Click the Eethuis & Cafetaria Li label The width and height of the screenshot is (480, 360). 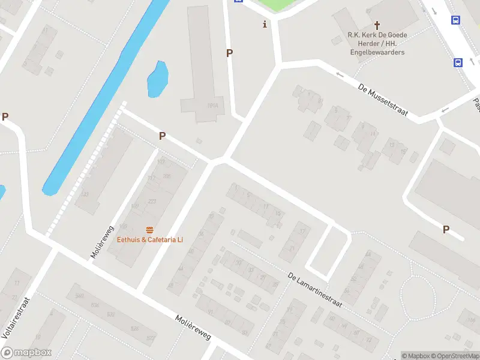(x=150, y=239)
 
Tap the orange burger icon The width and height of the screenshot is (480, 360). (x=149, y=230)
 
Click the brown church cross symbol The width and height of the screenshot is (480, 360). (x=377, y=25)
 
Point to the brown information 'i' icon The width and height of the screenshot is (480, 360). (x=265, y=24)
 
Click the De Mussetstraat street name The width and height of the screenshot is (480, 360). (x=383, y=95)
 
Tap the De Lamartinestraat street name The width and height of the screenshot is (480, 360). (x=314, y=290)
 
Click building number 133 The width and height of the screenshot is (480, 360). (x=85, y=194)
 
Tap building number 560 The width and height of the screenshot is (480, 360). (x=79, y=296)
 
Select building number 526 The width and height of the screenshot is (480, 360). (x=134, y=328)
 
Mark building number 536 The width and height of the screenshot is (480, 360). (x=94, y=305)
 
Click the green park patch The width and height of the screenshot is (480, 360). (x=276, y=5)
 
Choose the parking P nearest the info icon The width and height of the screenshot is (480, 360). (x=229, y=53)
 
